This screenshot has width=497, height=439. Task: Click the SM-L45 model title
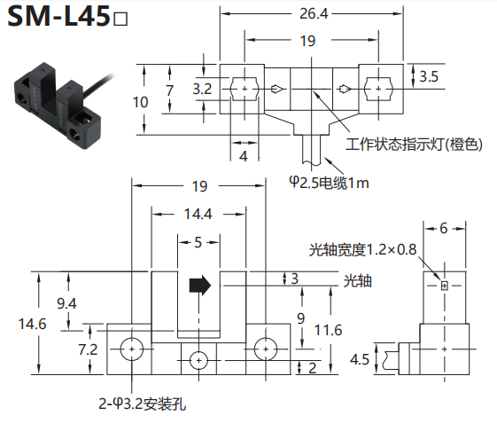pos(67,16)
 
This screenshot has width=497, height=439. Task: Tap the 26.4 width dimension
pos(314,13)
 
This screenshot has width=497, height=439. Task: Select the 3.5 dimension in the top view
pos(429,76)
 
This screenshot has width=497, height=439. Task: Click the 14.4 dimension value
pos(198,214)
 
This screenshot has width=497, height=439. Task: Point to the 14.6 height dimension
pos(32,324)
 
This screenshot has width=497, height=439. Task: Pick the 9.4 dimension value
pos(66,303)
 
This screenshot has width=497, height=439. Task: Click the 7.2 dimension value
pos(88,349)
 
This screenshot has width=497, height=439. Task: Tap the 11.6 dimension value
pos(328,330)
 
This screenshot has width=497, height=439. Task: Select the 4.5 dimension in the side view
pos(360,359)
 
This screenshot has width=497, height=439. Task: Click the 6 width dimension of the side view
pos(444,229)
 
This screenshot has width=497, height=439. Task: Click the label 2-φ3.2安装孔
pos(143,404)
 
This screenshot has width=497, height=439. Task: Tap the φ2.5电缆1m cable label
pos(329,183)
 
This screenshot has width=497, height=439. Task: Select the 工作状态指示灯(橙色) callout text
pos(414,145)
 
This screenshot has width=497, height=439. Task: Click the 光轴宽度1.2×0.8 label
pos(362,249)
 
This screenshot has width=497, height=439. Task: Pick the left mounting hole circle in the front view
pos(132,349)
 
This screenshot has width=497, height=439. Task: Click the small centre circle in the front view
pos(198,361)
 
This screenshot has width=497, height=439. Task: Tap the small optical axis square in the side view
pos(445,286)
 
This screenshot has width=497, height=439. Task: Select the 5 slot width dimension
pos(198,242)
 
